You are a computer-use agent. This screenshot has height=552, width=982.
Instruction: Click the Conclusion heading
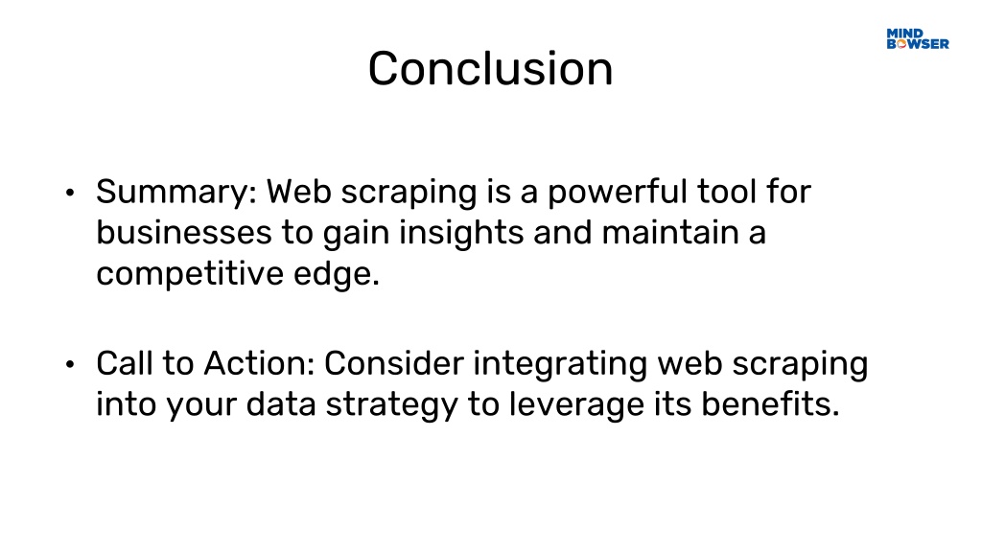490,68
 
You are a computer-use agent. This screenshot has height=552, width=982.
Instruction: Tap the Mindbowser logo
918,38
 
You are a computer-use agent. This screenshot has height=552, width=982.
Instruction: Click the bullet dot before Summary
69,192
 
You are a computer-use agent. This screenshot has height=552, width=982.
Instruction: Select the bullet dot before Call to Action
69,363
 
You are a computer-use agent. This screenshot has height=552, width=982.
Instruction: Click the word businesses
183,232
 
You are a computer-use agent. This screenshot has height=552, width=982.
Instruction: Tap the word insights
461,234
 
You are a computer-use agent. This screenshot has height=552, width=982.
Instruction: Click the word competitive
190,274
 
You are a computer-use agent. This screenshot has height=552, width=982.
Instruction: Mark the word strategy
392,405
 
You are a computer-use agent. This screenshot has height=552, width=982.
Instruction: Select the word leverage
576,405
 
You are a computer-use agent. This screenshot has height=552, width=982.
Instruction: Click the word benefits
770,403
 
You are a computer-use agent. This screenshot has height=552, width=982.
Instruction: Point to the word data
281,404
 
